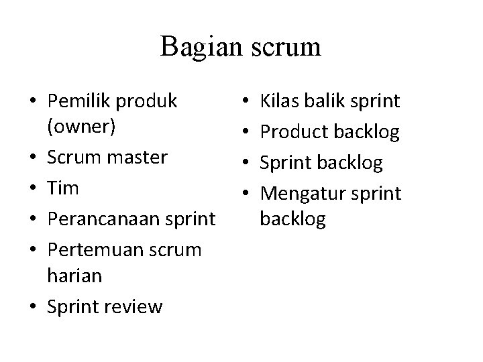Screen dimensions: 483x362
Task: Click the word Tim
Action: pyautogui.click(x=63, y=188)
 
